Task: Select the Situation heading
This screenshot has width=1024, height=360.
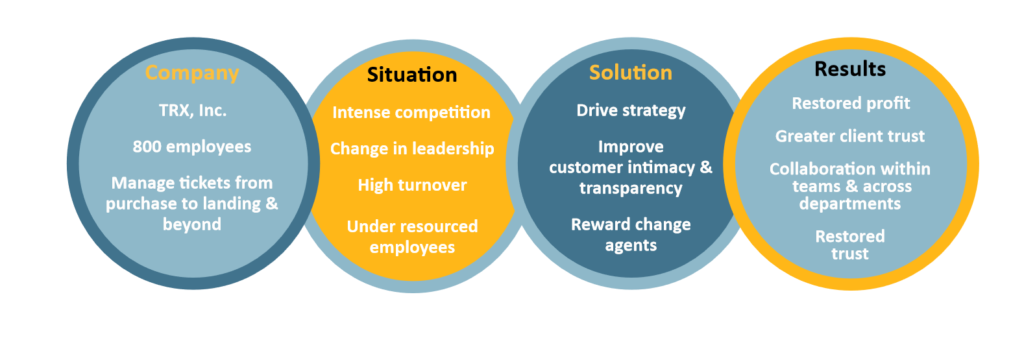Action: [x=411, y=75]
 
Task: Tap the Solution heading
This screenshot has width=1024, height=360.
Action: [x=630, y=73]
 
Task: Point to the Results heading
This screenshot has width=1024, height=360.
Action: [x=849, y=69]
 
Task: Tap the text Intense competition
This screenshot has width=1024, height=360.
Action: [x=411, y=112]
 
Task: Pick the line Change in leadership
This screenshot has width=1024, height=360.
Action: [x=411, y=149]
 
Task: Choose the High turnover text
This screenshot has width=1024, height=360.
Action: [x=411, y=185]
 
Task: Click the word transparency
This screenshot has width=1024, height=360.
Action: [x=630, y=188]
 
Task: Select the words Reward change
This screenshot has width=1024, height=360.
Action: [x=630, y=224]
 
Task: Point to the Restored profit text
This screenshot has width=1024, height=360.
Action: [x=849, y=103]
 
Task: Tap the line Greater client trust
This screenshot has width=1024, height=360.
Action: [x=849, y=136]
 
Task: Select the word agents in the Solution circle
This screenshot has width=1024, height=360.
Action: [x=630, y=244]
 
